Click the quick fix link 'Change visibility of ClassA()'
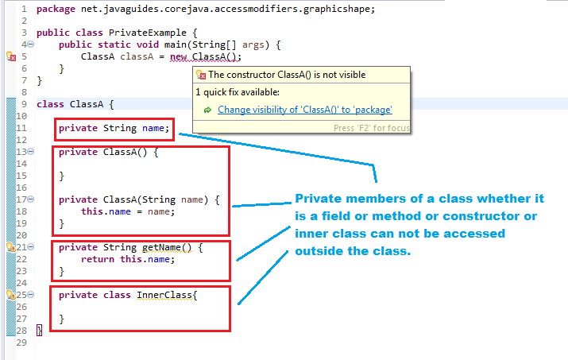pos(304,110)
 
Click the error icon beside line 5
pos(11,56)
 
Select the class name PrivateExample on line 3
pos(148,33)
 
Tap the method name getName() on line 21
pos(167,247)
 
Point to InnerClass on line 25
pos(164,295)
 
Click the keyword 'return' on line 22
pos(98,259)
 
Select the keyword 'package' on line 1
pos(56,9)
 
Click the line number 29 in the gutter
pos(21,343)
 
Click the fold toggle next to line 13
pos(31,152)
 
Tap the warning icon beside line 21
pos(11,247)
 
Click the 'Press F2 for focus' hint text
pos(371,128)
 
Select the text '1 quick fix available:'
pos(238,92)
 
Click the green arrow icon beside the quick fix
pos(207,110)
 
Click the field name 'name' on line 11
pos(153,128)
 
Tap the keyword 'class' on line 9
pos(50,104)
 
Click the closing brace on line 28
pos(40,330)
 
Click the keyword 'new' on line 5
pos(178,57)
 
